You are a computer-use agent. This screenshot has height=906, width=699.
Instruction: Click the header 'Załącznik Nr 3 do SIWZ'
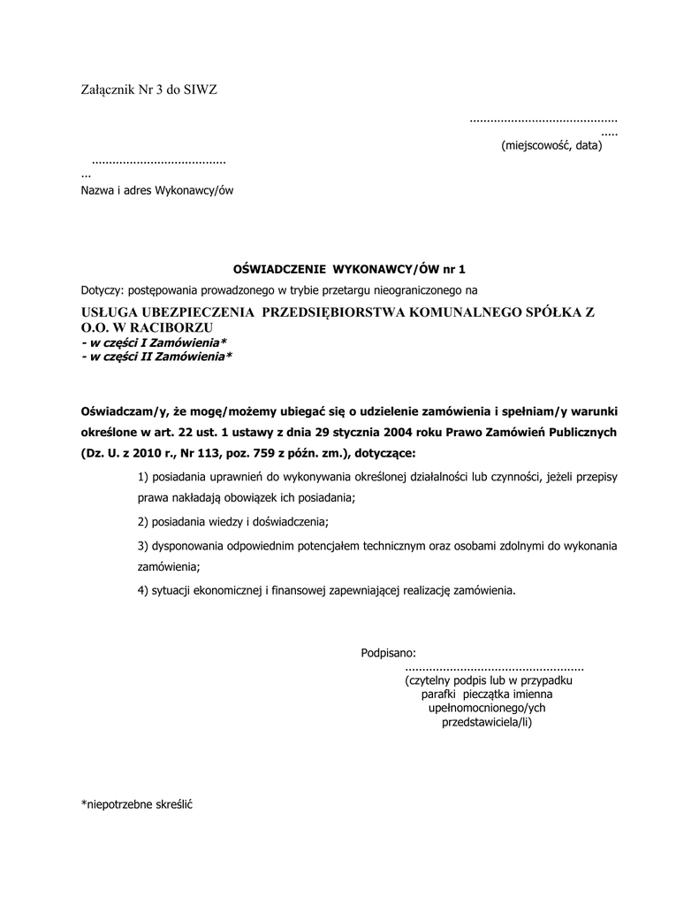(x=149, y=89)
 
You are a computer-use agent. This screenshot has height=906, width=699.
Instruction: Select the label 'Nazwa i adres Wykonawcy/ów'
(x=157, y=190)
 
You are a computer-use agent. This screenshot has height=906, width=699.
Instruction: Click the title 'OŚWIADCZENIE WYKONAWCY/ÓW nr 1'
(x=348, y=269)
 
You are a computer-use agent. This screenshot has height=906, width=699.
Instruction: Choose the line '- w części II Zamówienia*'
(x=156, y=357)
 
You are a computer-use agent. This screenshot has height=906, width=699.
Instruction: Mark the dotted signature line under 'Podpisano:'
(x=494, y=668)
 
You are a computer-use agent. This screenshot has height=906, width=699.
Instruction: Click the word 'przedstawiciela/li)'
(x=487, y=722)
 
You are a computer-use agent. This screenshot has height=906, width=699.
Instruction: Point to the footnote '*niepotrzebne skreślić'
(x=137, y=805)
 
